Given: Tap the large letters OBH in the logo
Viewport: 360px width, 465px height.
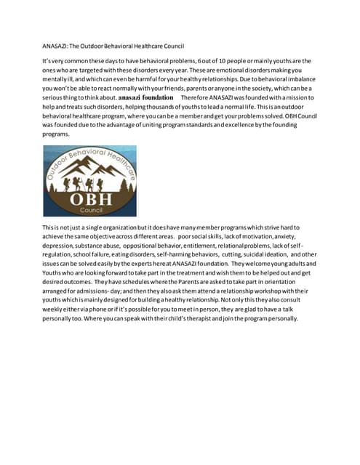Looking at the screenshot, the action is tap(90, 197).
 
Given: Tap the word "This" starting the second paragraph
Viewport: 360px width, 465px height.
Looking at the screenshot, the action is tap(50, 227).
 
